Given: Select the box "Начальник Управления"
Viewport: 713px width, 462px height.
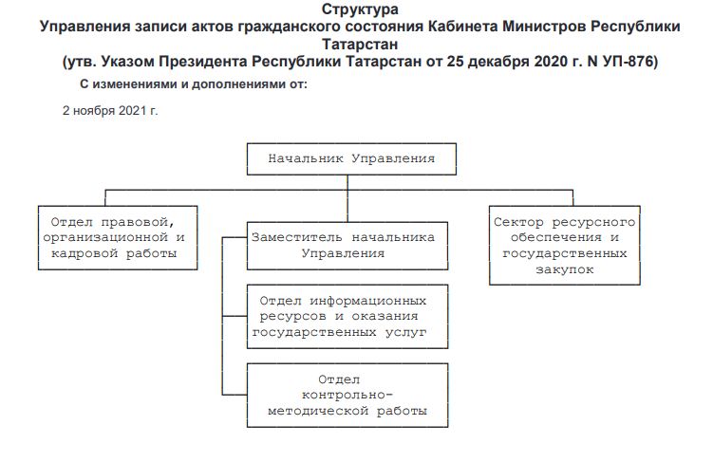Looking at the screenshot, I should pyautogui.click(x=351, y=158).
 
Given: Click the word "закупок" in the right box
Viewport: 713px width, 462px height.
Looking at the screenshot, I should pyautogui.click(x=562, y=269).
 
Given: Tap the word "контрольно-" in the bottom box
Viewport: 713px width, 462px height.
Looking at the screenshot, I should pyautogui.click(x=346, y=395).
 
